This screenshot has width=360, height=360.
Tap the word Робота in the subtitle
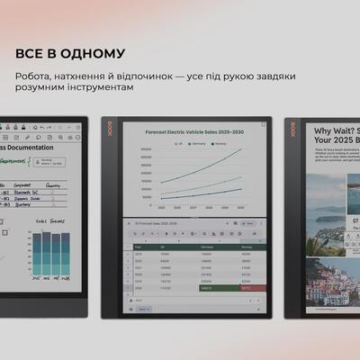click(35, 76)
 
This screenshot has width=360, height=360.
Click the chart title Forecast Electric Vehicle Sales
click(189, 131)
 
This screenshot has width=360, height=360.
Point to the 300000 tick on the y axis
click(144, 154)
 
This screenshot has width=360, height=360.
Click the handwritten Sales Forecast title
click(53, 220)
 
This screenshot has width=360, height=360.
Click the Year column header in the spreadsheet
click(139, 247)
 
